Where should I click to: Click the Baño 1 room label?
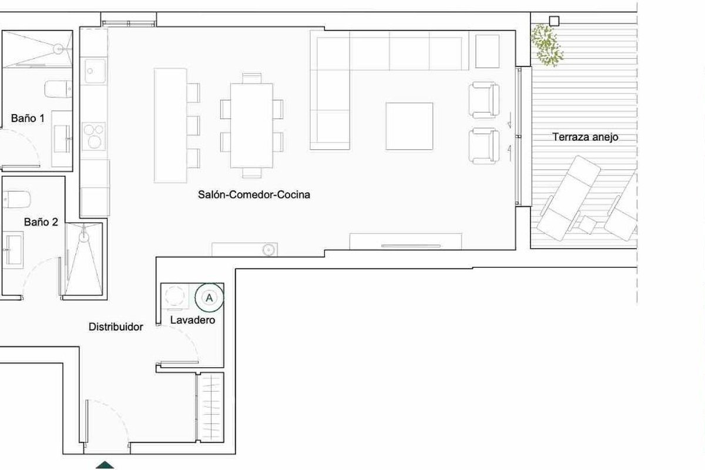[x=28, y=118]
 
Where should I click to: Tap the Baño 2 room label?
[x=41, y=222]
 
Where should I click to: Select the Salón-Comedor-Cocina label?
[x=254, y=194]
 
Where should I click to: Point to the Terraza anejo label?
[x=585, y=137]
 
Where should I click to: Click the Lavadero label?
[x=193, y=320]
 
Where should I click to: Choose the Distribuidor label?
[x=116, y=327]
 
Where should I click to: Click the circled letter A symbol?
[x=209, y=298]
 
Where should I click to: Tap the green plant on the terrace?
[x=547, y=45]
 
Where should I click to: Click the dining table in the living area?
[x=251, y=126]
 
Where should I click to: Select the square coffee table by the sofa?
[x=409, y=126]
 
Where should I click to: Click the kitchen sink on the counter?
[x=95, y=71]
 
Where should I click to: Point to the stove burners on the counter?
[x=94, y=137]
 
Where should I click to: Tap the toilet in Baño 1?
[x=58, y=89]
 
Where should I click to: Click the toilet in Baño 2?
[x=16, y=199]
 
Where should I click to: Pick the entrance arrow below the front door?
[x=105, y=465]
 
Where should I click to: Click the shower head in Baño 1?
[x=58, y=49]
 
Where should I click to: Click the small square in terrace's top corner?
[x=554, y=21]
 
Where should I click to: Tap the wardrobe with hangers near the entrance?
[x=210, y=407]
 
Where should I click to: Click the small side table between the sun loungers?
[x=587, y=225]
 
